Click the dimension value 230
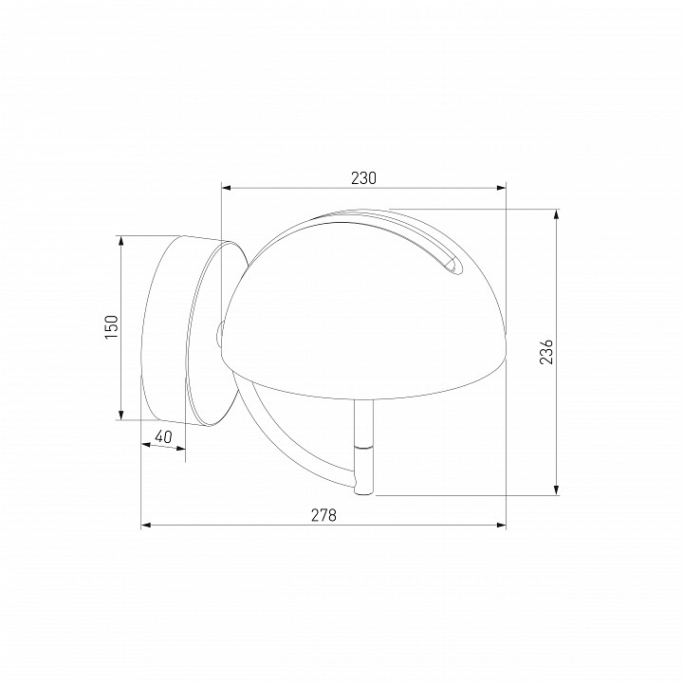click(363, 177)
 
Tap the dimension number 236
click(546, 352)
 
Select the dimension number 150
click(111, 327)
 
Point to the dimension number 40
click(163, 436)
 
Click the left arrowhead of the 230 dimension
click(226, 188)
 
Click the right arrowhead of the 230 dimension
click(502, 188)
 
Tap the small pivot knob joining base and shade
click(219, 333)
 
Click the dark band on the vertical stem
click(364, 443)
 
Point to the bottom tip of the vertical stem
click(364, 491)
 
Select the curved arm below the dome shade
click(285, 446)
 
